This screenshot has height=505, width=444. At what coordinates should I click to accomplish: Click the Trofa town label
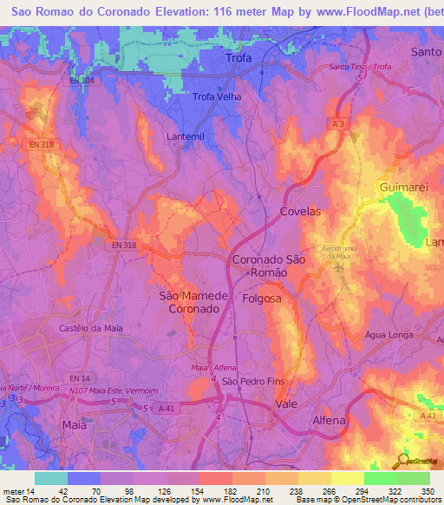click(238, 58)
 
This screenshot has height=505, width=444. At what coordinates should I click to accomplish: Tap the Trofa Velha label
click(216, 96)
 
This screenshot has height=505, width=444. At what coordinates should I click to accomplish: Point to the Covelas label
click(300, 212)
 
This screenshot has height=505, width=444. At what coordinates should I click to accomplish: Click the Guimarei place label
click(402, 187)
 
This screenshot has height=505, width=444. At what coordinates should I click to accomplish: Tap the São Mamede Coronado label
click(194, 302)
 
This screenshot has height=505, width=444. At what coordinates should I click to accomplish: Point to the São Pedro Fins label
click(253, 381)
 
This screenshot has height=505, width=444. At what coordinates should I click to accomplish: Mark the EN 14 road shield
click(80, 378)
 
